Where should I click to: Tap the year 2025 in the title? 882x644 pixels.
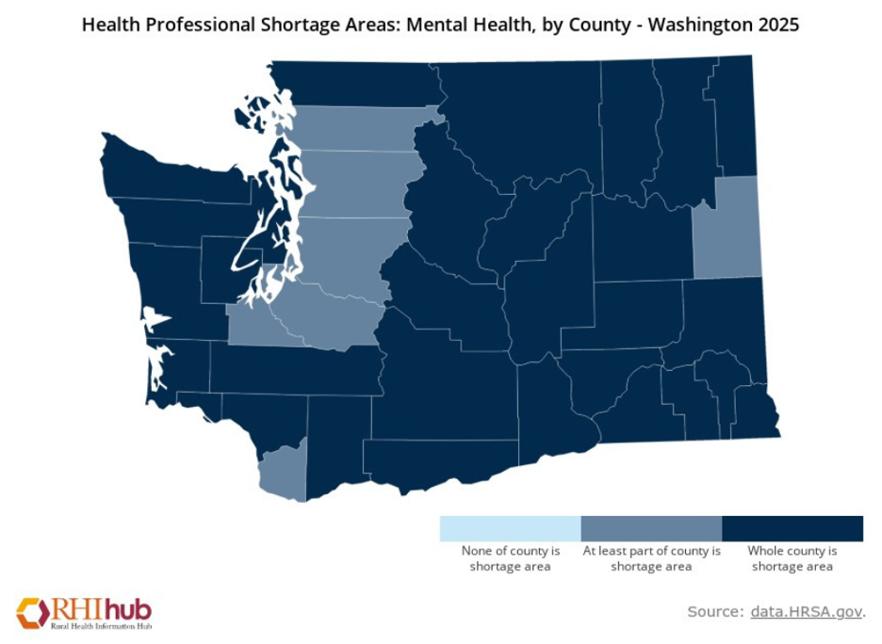point(776,25)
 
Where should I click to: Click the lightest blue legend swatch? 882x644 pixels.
point(510,528)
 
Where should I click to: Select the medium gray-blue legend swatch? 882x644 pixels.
point(651,528)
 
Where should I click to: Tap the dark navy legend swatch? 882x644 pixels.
point(792,528)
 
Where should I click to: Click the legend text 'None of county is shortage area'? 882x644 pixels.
point(510,558)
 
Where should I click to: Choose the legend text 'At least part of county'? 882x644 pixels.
point(651,551)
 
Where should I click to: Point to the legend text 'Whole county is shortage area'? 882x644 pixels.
point(792,558)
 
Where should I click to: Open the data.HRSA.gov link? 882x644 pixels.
point(807,612)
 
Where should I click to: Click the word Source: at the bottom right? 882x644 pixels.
point(715,612)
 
